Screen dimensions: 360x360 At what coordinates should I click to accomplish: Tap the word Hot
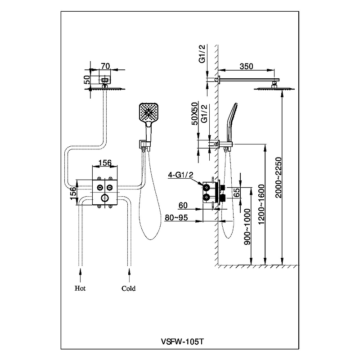[x=81, y=288]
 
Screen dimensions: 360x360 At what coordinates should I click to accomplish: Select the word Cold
[x=128, y=288]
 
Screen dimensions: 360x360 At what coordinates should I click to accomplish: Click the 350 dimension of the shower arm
[x=246, y=66]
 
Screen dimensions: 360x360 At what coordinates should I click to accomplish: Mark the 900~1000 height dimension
[x=247, y=232]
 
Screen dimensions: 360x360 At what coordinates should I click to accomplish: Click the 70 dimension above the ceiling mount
[x=105, y=66]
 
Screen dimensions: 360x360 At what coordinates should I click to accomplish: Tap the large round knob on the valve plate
[x=104, y=198]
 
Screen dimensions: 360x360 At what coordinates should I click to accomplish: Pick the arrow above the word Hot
[x=81, y=271]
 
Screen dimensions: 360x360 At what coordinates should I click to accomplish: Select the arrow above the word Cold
[x=129, y=271]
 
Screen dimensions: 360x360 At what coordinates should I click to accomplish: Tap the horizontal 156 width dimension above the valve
[x=104, y=163]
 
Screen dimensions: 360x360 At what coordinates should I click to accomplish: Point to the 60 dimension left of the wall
[x=183, y=206]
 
